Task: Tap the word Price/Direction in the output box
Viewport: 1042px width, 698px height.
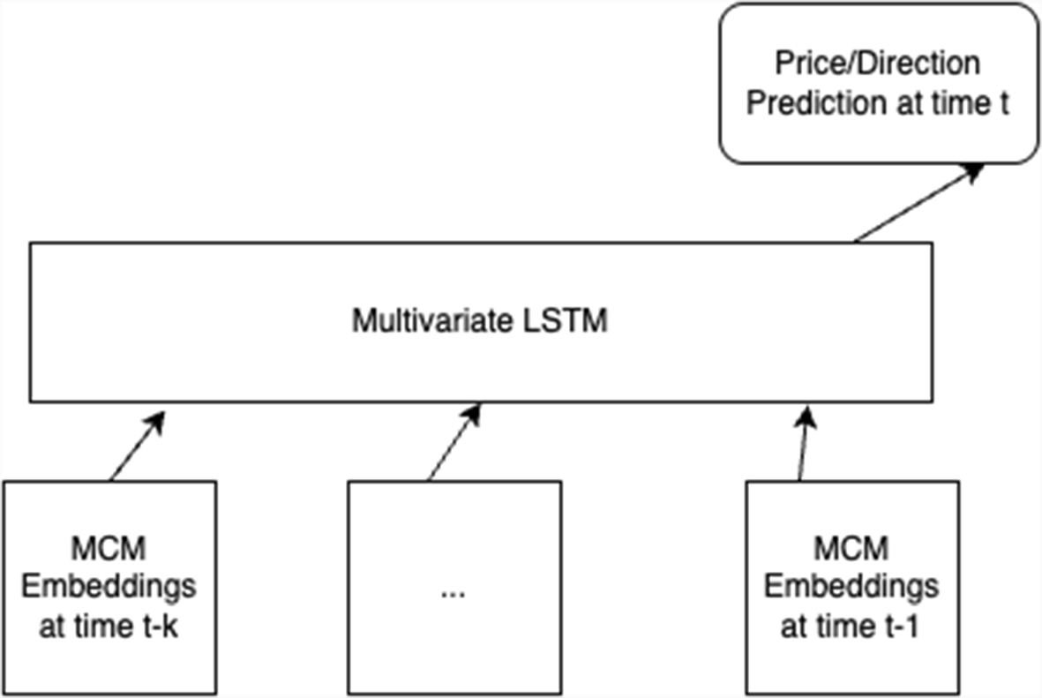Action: click(x=877, y=64)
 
